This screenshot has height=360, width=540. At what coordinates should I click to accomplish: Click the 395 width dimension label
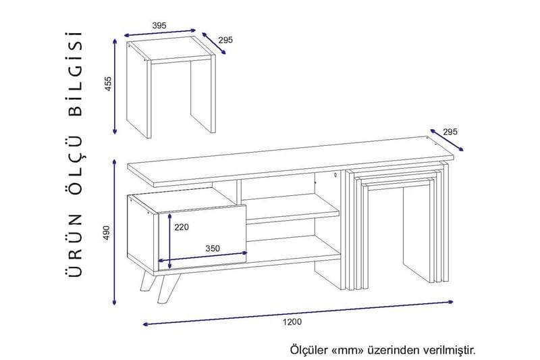[159, 25]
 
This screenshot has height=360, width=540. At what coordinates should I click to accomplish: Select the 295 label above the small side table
[225, 40]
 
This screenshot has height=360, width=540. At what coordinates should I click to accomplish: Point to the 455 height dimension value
[109, 85]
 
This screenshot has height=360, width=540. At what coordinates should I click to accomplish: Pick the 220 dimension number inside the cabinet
[182, 227]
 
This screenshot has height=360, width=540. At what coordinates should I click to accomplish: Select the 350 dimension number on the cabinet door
[213, 249]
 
